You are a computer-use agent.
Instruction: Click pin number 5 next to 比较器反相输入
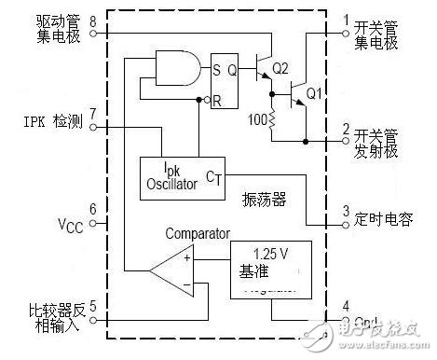click(x=91, y=302)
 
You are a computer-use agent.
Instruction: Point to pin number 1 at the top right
click(x=346, y=17)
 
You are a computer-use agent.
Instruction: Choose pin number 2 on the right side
click(x=346, y=128)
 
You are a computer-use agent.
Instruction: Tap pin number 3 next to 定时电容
click(x=346, y=211)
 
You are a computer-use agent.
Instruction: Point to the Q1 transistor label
click(x=314, y=93)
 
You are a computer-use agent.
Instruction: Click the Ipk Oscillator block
click(x=182, y=175)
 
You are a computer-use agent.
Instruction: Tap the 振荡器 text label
click(x=263, y=200)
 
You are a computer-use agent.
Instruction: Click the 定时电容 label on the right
click(x=385, y=220)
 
